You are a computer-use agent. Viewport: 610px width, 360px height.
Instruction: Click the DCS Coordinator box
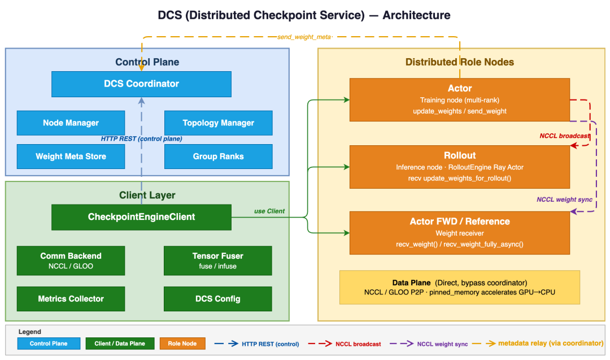pos(141,84)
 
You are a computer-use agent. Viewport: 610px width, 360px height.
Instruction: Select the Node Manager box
pos(71,123)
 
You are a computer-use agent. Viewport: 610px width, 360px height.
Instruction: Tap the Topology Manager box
pos(218,123)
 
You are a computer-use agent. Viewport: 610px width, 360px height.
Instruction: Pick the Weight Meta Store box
pos(71,156)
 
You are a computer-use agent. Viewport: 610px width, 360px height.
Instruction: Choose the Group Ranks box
pos(218,156)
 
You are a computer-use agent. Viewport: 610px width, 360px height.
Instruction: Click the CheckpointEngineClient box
pos(141,217)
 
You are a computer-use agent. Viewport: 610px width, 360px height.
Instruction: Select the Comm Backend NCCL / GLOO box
pos(71,260)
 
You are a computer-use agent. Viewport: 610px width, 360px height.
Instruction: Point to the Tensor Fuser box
pos(218,260)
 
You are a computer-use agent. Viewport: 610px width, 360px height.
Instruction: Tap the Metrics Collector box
pos(71,298)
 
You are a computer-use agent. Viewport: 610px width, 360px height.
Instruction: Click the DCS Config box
pos(218,298)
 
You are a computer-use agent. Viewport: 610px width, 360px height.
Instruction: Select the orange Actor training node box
pos(459,99)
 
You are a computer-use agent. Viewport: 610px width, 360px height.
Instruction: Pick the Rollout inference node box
pos(459,167)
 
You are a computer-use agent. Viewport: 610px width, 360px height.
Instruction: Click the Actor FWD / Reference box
pos(459,232)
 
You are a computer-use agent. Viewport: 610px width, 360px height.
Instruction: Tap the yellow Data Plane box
pos(459,287)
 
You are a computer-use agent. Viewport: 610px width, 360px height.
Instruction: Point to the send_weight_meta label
pos(304,37)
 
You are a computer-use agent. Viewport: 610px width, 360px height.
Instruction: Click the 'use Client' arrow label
pos(269,211)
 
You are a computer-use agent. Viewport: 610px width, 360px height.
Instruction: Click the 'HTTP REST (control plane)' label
pos(141,138)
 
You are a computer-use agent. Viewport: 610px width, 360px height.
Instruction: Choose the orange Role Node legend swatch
pos(182,343)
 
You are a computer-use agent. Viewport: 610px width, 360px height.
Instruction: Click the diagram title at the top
pos(305,15)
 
